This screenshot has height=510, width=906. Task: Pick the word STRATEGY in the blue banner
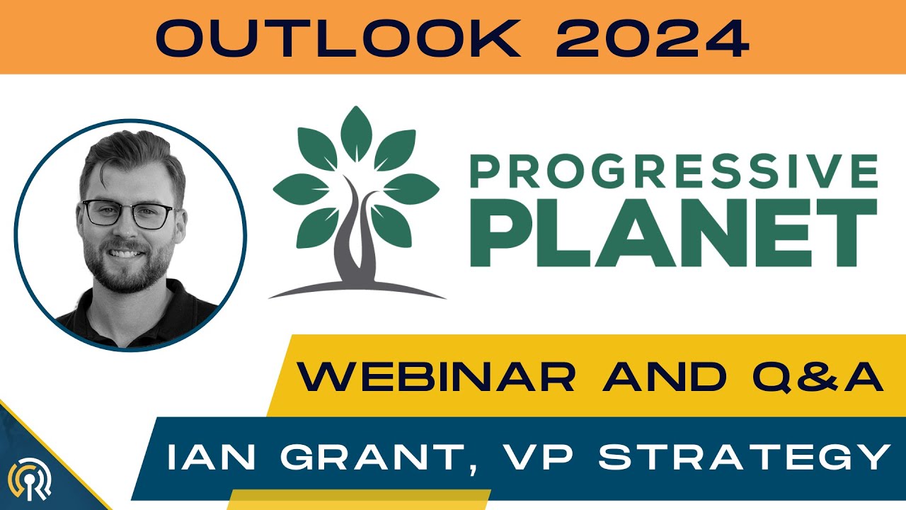[x=743, y=458]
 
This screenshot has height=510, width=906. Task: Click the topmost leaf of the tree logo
[x=356, y=132]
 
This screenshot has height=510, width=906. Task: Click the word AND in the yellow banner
[x=665, y=377]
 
